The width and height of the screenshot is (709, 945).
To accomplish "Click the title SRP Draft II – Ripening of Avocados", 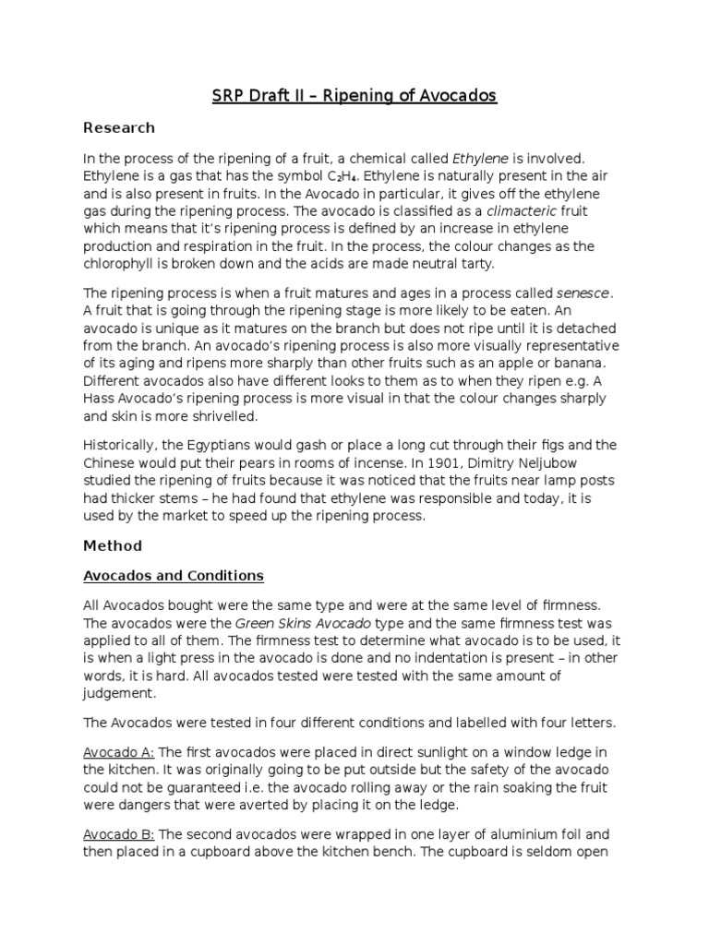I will [354, 96].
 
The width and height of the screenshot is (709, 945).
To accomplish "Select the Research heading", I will [119, 128].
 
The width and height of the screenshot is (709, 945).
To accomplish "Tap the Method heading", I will [113, 546].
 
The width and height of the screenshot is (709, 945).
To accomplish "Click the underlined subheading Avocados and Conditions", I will [174, 576].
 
